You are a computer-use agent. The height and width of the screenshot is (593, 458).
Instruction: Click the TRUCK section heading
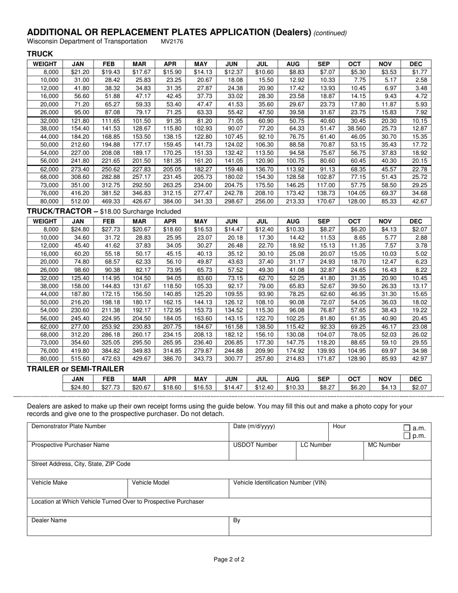pyautogui.click(x=40, y=54)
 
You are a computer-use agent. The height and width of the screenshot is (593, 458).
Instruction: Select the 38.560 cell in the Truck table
pyautogui.click(x=356, y=129)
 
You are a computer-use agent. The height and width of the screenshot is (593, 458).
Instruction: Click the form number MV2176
pyautogui.click(x=172, y=41)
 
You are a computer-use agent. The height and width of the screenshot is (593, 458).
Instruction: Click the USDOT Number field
pyautogui.click(x=261, y=451)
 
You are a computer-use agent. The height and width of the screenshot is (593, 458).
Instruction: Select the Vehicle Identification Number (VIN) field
pyautogui.click(x=329, y=488)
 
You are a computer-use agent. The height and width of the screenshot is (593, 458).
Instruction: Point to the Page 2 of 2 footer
pyautogui.click(x=229, y=560)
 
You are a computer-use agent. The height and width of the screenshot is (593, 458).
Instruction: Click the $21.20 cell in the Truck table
pyautogui.click(x=80, y=72)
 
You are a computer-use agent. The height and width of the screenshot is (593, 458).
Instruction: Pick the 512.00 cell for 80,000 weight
pyautogui.click(x=80, y=202)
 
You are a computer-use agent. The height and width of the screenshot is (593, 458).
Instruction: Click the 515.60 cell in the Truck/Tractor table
pyautogui.click(x=80, y=359)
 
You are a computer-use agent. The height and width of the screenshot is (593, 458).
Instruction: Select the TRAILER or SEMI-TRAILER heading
pyautogui.click(x=76, y=369)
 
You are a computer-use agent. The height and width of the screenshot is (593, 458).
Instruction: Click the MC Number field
pyautogui.click(x=396, y=451)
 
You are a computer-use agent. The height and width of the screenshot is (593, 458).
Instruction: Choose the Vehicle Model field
pyautogui.click(x=177, y=488)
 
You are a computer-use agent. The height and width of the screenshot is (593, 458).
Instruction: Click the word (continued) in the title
pyautogui.click(x=330, y=33)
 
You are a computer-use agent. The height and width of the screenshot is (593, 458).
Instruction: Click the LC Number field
pyautogui.click(x=328, y=451)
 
